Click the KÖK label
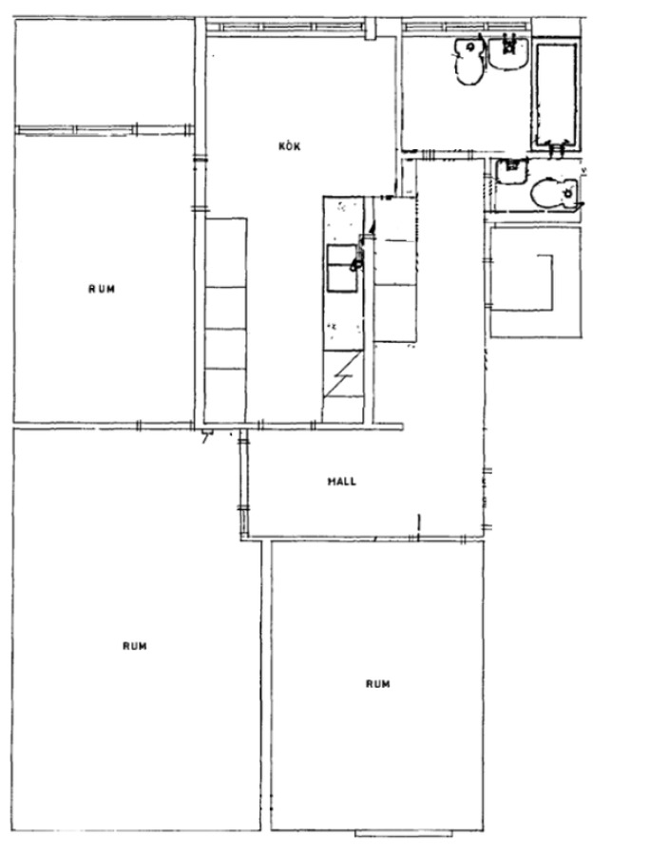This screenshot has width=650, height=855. (290, 146)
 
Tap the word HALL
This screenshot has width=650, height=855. (342, 482)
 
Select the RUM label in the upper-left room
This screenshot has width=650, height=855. (102, 289)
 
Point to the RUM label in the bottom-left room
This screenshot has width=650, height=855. (135, 646)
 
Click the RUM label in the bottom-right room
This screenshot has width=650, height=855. (378, 684)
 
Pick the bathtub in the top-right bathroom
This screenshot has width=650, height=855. (556, 93)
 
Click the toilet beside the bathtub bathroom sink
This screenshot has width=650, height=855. (468, 60)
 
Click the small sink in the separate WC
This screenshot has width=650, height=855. (511, 171)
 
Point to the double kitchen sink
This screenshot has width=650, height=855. (342, 268)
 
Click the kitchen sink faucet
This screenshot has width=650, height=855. (357, 260)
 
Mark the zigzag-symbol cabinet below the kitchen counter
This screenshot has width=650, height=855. (343, 373)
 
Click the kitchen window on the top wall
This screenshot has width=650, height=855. (286, 27)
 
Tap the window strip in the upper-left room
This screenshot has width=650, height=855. (104, 130)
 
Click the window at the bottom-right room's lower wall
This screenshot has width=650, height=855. (404, 834)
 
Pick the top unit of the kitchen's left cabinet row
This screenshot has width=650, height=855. (226, 253)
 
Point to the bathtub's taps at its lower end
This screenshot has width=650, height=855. (556, 146)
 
